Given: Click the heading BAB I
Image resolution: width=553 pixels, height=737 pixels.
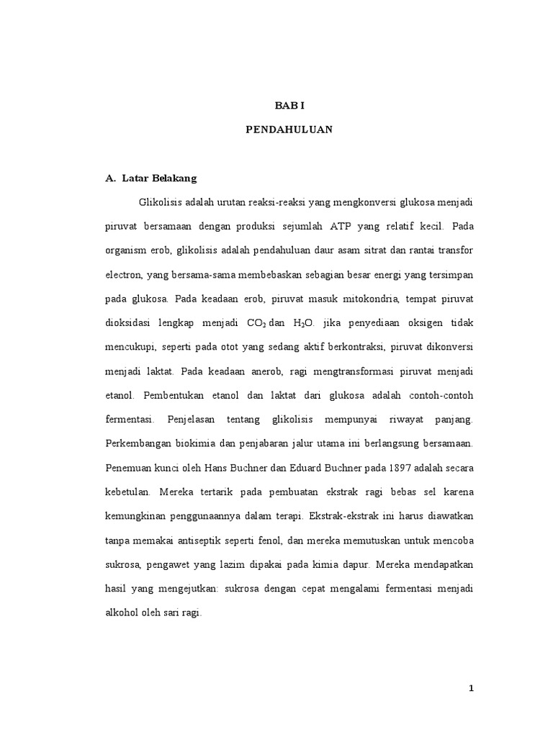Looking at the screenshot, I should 290,105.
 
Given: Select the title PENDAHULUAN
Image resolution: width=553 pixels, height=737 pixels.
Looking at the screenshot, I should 290,130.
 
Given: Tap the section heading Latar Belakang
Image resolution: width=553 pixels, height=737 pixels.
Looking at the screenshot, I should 154,176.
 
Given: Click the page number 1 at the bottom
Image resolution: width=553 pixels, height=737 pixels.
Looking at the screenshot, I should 471,688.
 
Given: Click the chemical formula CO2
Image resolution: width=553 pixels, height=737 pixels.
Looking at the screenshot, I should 256,324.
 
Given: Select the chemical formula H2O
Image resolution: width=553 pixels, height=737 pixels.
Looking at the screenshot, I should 305,324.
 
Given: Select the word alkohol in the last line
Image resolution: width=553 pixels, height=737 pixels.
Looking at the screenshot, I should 123,615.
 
